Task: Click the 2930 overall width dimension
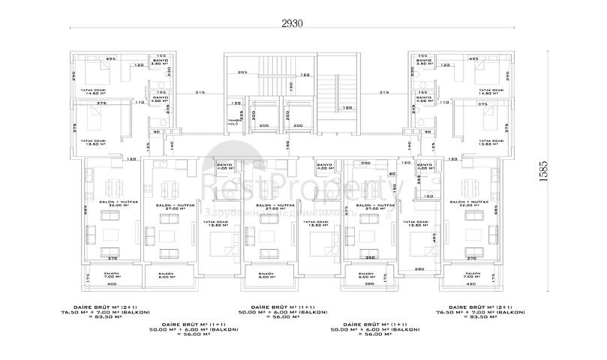pos(292,23)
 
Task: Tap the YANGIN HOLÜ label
pos(232,123)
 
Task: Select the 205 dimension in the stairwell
pos(242,72)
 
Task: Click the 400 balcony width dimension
pos(111,284)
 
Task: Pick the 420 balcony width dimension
pos(471,284)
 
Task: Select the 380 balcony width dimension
pos(368,284)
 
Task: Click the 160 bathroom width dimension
pos(428,196)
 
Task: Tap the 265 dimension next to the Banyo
pos(419,179)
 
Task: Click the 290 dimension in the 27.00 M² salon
pos(366,163)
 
